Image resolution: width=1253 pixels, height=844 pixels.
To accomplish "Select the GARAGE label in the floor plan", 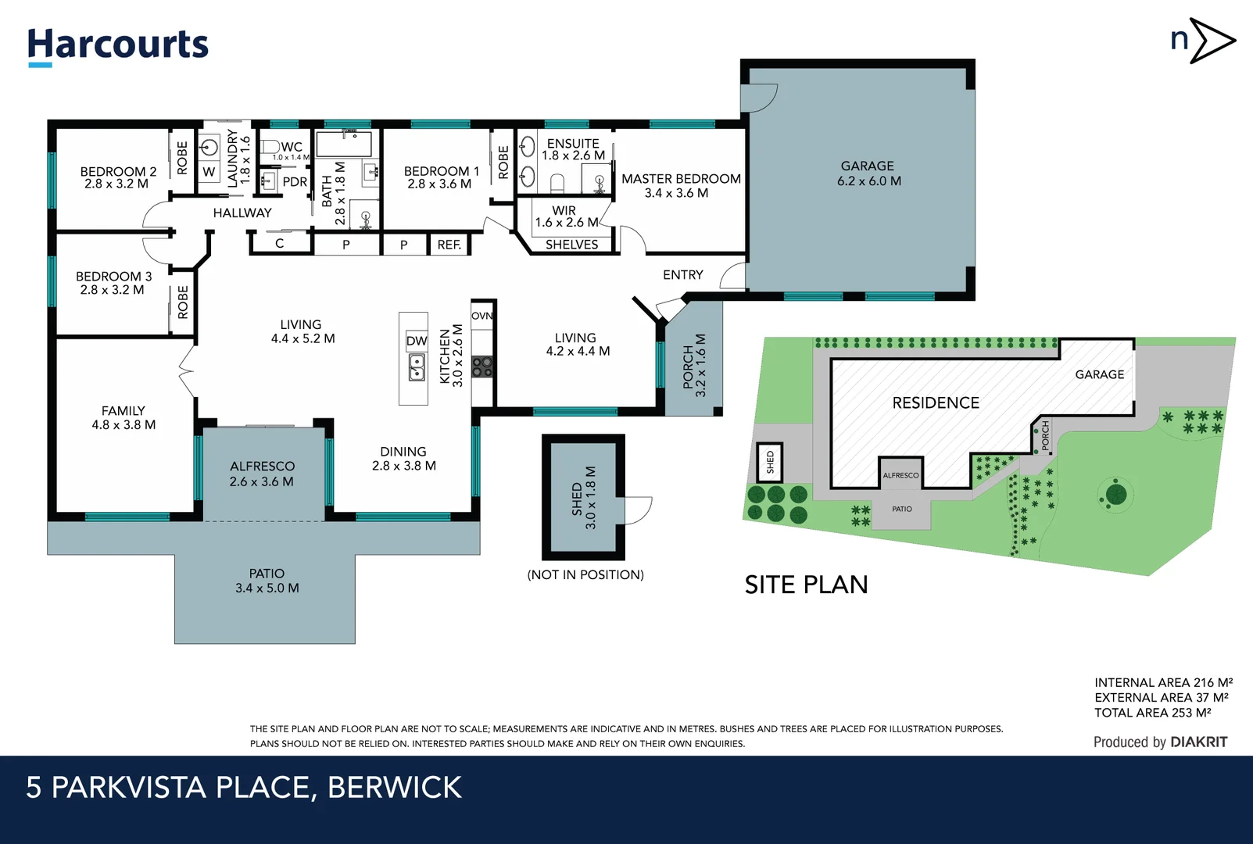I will coord(868,173).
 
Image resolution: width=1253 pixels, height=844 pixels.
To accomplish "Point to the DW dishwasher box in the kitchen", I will coord(417,341).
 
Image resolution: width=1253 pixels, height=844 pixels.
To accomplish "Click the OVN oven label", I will coord(482,316).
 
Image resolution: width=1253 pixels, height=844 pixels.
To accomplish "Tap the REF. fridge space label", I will coord(449,245).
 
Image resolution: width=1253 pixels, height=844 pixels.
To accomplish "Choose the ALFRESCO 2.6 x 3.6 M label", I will coord(262,474).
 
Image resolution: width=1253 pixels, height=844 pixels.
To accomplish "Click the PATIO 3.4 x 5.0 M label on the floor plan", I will coord(267,581).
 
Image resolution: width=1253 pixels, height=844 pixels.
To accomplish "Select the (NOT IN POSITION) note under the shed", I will coord(585,574).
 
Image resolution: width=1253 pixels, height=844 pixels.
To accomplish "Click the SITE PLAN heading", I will coord(806,585).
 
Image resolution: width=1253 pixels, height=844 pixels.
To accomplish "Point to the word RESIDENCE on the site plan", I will coord(936,402).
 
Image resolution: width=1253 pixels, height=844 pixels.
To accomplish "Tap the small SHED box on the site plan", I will coord(770,462).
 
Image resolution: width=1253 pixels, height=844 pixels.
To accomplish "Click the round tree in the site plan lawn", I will coord(1116,494).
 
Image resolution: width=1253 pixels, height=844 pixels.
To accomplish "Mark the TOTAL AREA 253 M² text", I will coord(1152,713).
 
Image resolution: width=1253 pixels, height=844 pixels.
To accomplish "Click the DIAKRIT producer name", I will coord(1199,742).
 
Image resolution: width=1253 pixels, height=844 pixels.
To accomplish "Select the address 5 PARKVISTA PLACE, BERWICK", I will coord(244,787).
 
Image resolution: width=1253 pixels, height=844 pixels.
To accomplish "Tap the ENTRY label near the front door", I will coord(682,275).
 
